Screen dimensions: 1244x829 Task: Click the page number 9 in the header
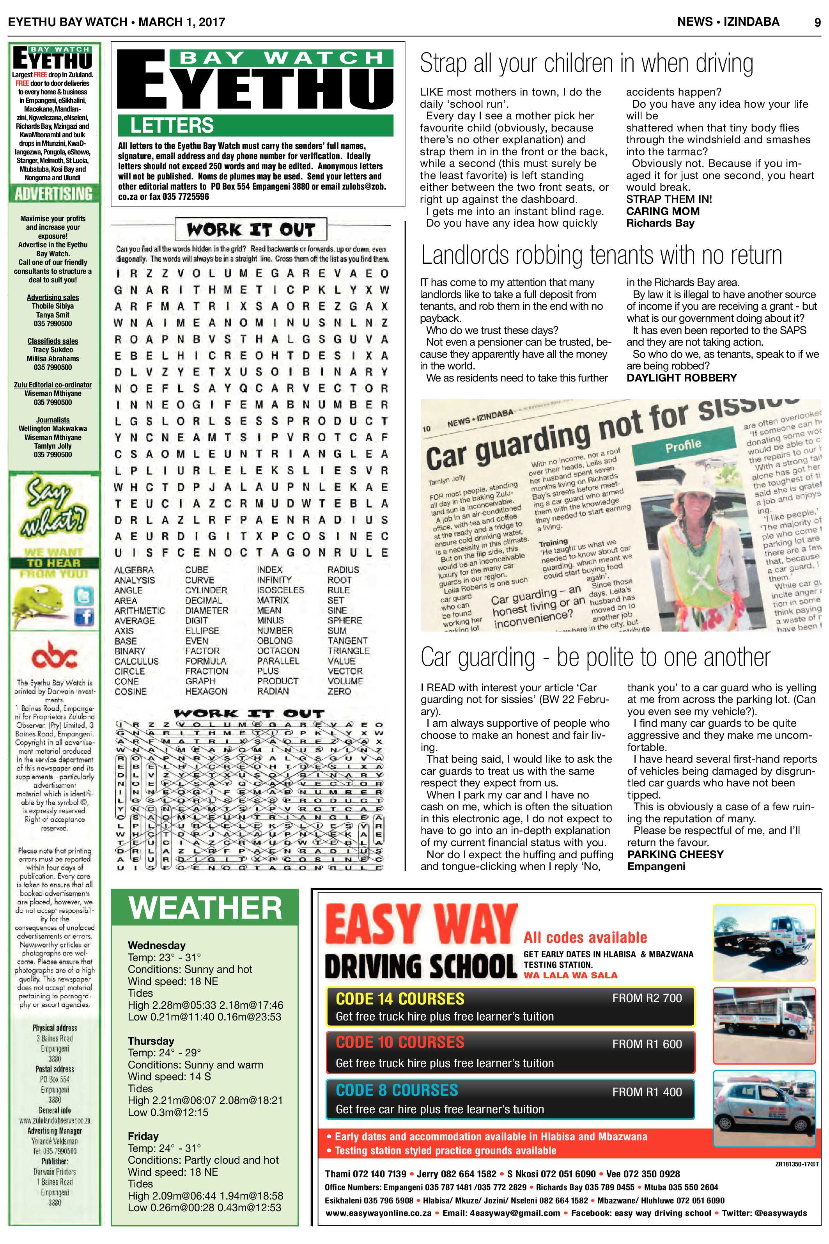tap(817, 22)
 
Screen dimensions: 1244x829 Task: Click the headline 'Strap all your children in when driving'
tap(586, 64)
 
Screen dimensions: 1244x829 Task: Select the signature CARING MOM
tap(662, 211)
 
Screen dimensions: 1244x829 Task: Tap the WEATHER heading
tap(205, 908)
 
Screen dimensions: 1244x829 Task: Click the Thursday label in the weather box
tap(151, 1041)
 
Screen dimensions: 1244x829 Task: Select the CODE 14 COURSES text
tap(400, 999)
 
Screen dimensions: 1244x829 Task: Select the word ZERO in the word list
tap(339, 691)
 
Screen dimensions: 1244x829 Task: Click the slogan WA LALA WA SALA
tap(570, 975)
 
